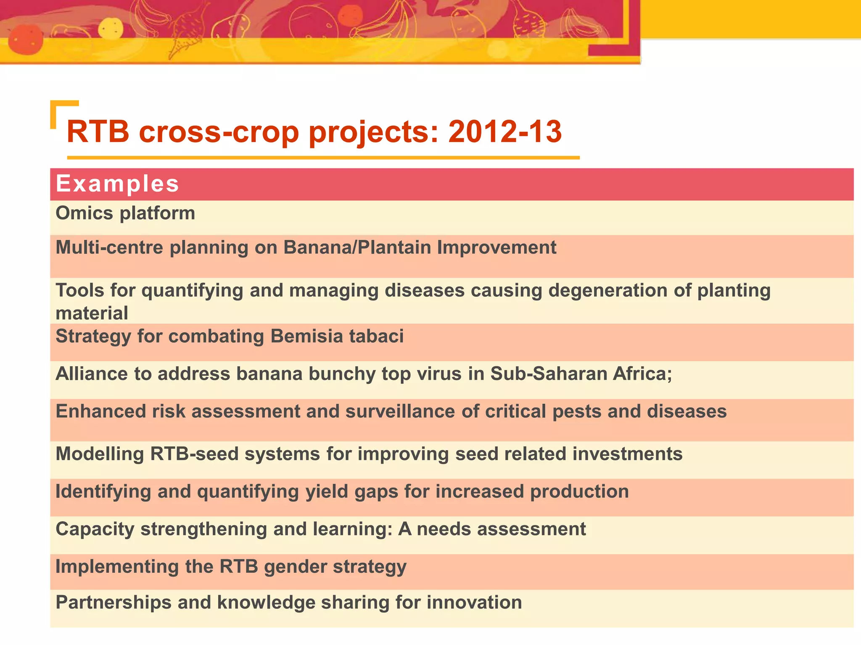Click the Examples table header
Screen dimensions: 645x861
(117, 184)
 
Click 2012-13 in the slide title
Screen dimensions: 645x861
(504, 131)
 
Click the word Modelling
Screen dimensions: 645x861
(100, 454)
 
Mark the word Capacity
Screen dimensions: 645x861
(95, 529)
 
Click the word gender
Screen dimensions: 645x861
(295, 567)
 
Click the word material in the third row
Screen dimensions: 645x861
(92, 314)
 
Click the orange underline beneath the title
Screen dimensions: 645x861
(323, 158)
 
